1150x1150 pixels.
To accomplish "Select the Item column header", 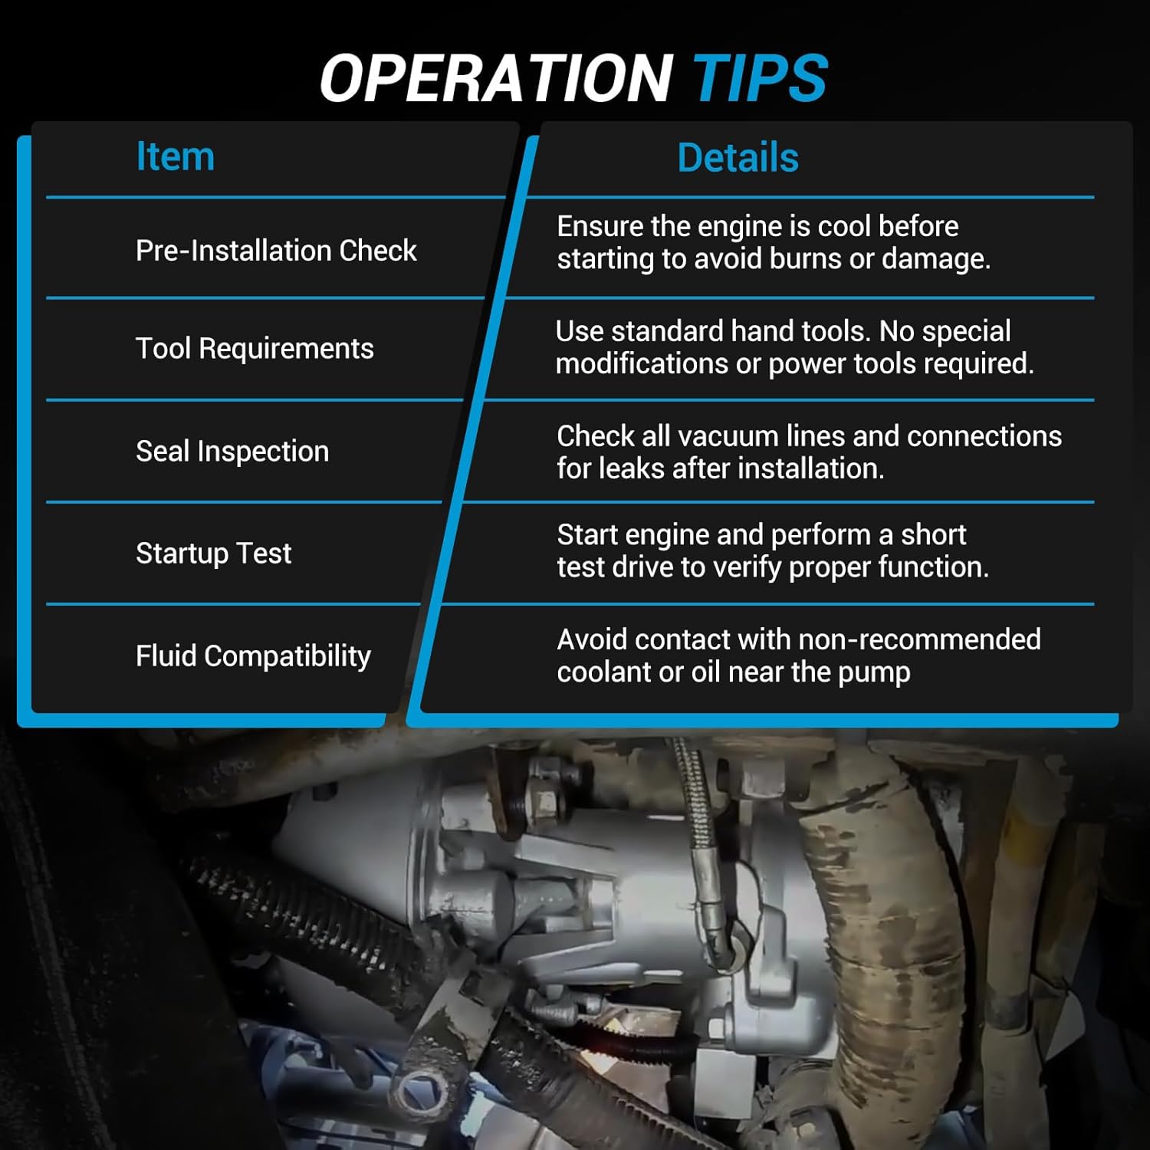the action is pos(175,156).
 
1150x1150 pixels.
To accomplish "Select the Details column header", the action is pos(738,158).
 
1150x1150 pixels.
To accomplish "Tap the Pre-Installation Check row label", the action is pos(276,251).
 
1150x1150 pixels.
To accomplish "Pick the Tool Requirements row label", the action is pos(255,349).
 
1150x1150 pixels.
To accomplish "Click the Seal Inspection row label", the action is pos(232,452).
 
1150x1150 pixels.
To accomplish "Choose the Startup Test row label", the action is pos(214,554).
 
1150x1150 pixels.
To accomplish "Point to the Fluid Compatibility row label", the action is pos(253,656).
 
